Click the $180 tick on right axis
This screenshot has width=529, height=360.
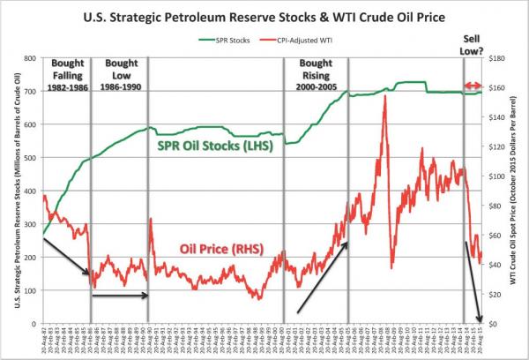pyautogui.click(x=496, y=58)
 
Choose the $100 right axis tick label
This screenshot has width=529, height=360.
pyautogui.click(x=496, y=176)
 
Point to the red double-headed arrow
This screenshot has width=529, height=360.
pyautogui.click(x=473, y=86)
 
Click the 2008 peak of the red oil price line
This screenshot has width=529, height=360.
pyautogui.click(x=385, y=96)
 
